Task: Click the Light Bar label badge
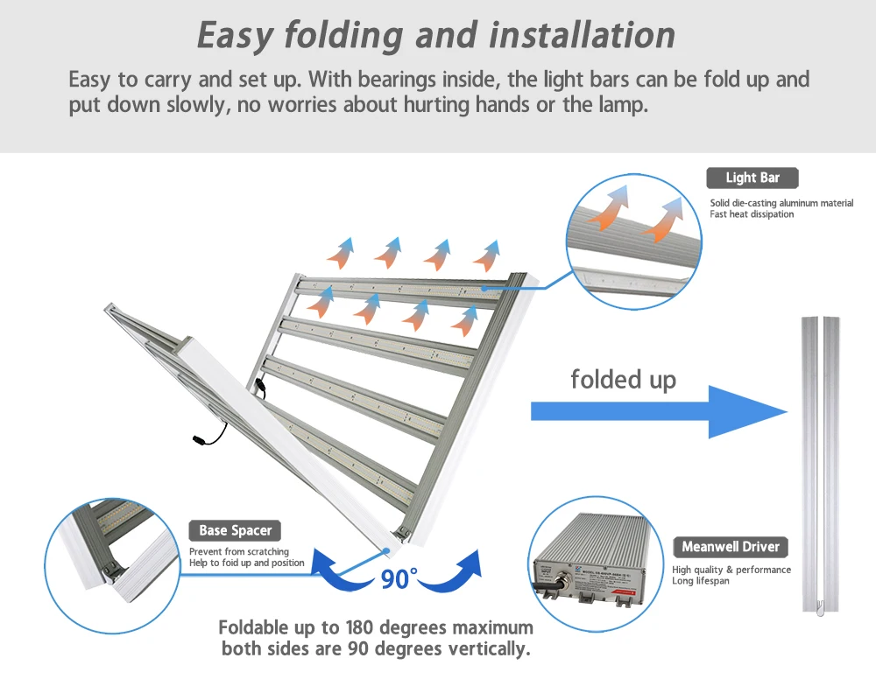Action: tap(752, 178)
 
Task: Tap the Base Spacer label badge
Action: tap(235, 530)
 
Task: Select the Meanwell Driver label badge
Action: tap(730, 547)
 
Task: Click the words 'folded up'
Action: tap(623, 379)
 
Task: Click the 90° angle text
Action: tap(399, 578)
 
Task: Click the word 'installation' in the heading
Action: tap(582, 35)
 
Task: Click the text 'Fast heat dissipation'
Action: tap(752, 214)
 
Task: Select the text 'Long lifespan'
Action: tap(701, 581)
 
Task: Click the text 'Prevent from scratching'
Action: tap(238, 552)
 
